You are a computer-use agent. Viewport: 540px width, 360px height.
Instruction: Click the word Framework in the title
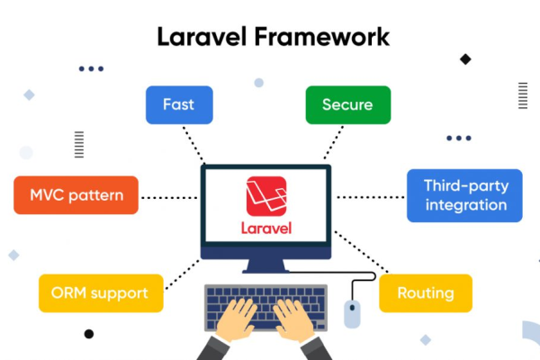(x=322, y=37)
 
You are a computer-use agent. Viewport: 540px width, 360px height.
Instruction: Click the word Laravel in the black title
(x=202, y=37)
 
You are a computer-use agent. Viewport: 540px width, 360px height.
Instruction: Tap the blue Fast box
(x=179, y=104)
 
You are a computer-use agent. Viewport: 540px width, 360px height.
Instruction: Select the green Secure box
(x=348, y=104)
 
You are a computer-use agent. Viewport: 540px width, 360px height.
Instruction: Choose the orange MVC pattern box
(x=76, y=195)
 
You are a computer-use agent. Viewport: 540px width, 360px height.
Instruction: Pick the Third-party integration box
(x=464, y=195)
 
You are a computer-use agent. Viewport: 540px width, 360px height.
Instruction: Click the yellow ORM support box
(x=101, y=293)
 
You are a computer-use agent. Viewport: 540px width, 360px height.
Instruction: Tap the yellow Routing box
(x=426, y=293)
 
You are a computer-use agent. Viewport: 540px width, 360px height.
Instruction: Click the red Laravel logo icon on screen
(x=266, y=196)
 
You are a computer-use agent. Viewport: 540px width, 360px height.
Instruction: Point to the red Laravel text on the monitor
(x=266, y=229)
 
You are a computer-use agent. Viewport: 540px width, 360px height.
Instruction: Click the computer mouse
(x=352, y=314)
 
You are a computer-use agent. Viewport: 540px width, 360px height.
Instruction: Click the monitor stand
(x=265, y=266)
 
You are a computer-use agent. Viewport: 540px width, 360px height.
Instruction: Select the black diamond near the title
(x=465, y=59)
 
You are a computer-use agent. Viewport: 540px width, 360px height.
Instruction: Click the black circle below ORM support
(x=89, y=334)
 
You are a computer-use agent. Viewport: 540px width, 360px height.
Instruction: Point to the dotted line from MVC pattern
(x=169, y=198)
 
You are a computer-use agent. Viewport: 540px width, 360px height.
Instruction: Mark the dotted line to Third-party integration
(x=371, y=197)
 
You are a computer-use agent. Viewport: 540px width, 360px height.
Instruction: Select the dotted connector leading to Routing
(x=362, y=252)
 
